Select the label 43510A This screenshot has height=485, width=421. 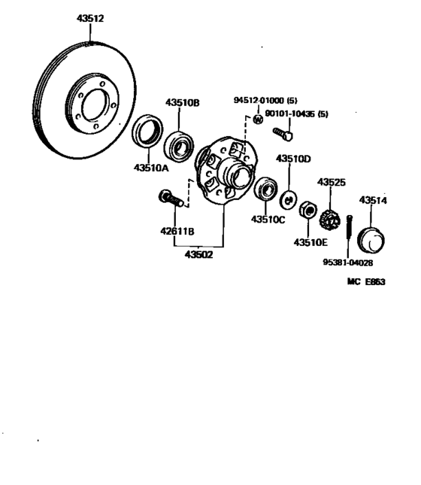tap(152, 168)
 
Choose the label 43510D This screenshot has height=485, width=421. tap(293, 159)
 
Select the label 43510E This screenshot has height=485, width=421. tap(310, 241)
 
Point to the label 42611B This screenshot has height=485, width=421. tap(177, 231)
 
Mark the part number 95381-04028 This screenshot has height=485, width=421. tap(348, 263)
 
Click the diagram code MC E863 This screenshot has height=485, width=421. tap(366, 282)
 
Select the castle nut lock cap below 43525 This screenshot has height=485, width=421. tap(329, 221)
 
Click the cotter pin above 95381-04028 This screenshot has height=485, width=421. tap(349, 234)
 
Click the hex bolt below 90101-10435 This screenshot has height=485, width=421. tap(283, 134)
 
